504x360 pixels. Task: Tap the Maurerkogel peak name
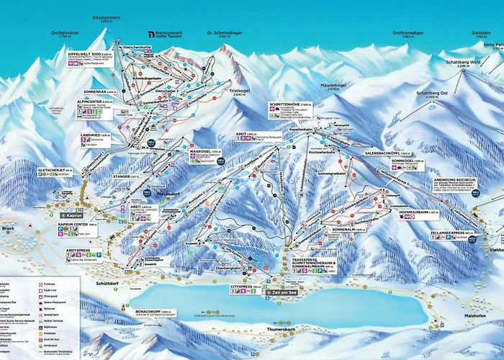point(333,86)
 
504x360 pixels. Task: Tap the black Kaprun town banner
point(72,215)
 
